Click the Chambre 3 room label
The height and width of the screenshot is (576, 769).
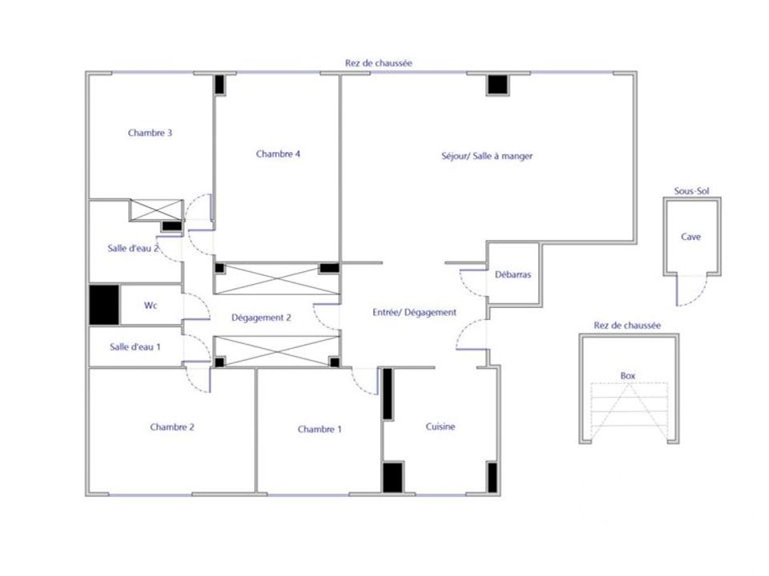[x=150, y=133]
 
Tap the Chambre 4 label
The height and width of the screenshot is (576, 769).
[x=278, y=154]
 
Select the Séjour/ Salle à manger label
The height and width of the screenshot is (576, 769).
[x=487, y=156]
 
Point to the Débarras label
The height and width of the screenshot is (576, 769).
[x=513, y=274]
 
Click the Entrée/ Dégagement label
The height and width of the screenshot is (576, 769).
[x=414, y=313]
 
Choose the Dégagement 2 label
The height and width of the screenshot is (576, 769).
[x=261, y=318]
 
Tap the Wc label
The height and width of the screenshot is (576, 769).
[x=151, y=306]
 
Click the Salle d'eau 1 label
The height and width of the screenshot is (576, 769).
[x=135, y=347]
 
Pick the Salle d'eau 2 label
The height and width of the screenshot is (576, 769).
[x=134, y=248]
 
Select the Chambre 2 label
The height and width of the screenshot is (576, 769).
[x=172, y=427]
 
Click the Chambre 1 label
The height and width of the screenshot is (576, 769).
[x=320, y=430]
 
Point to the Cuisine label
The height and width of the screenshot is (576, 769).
[x=441, y=426]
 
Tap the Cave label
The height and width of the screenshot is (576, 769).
[x=691, y=237]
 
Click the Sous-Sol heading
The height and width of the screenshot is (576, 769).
[x=691, y=191]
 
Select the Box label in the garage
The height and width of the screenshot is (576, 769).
[x=628, y=376]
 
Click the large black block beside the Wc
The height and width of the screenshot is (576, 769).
[x=104, y=305]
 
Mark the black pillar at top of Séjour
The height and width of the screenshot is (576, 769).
[x=497, y=84]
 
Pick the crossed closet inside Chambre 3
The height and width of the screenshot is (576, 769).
[x=156, y=210]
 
